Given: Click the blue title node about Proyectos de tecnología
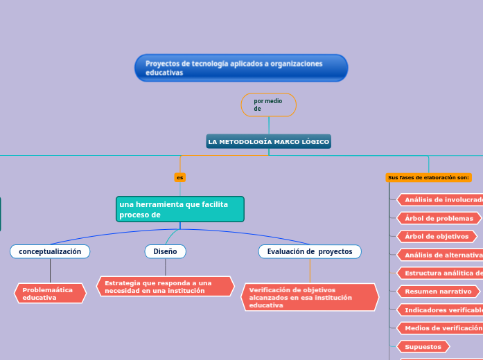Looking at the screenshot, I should (x=240, y=68).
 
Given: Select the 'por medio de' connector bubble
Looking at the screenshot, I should (x=268, y=105).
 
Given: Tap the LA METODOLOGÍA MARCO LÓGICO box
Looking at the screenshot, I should (x=268, y=141).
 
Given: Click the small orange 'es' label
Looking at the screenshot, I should (x=180, y=178).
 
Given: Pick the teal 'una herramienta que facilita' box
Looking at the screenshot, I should (x=179, y=209).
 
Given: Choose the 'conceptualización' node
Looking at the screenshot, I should (x=50, y=251).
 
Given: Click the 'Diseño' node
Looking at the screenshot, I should (x=165, y=251).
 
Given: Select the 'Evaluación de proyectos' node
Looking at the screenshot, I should (x=309, y=251).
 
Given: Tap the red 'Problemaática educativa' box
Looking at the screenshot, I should (x=50, y=294).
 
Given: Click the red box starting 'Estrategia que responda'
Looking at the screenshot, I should (x=165, y=287).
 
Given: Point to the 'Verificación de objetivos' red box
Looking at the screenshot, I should (x=310, y=297).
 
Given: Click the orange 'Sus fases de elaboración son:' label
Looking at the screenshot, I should (x=428, y=178).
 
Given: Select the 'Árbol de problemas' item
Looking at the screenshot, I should (x=439, y=218).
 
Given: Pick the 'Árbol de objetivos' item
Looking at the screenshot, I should (x=437, y=236).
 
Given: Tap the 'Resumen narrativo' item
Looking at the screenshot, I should (x=439, y=291).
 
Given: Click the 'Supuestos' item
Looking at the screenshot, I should (x=423, y=346).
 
